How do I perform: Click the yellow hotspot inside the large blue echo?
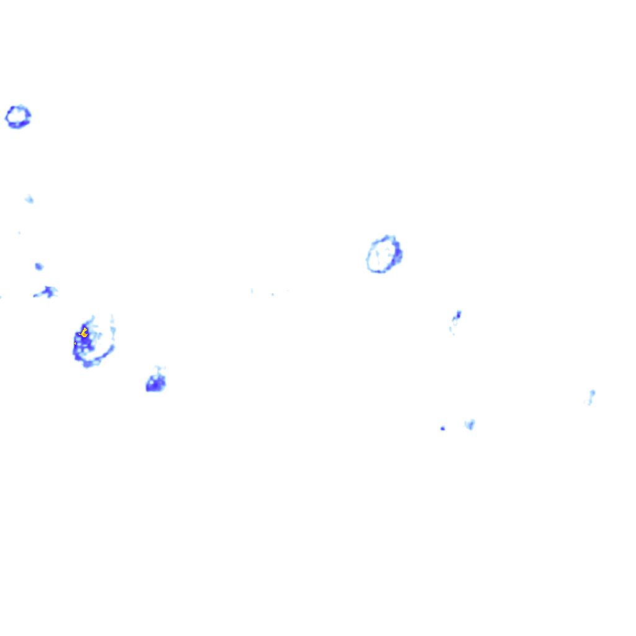[84, 333]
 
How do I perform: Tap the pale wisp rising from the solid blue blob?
[160, 371]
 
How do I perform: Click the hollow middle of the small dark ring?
[18, 116]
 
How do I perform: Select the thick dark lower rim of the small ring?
[18, 125]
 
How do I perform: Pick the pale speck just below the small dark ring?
[29, 199]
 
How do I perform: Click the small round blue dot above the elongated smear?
[39, 266]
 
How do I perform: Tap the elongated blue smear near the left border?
[46, 292]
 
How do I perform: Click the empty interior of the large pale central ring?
[381, 255]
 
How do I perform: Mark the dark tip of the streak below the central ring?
[458, 314]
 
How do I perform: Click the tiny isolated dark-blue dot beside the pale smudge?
[442, 429]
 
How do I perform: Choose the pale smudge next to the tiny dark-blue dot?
[470, 424]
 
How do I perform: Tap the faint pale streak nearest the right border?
[591, 396]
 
